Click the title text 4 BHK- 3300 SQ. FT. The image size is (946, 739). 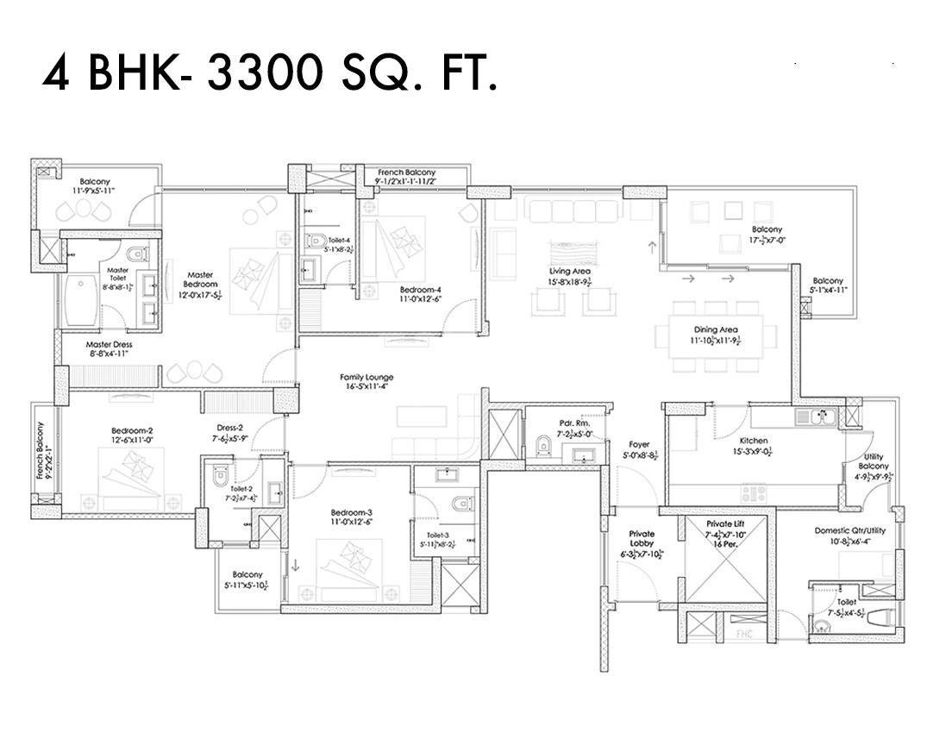coord(270,75)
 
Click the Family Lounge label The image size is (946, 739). coord(366,382)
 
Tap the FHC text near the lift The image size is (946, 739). coord(744,636)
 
